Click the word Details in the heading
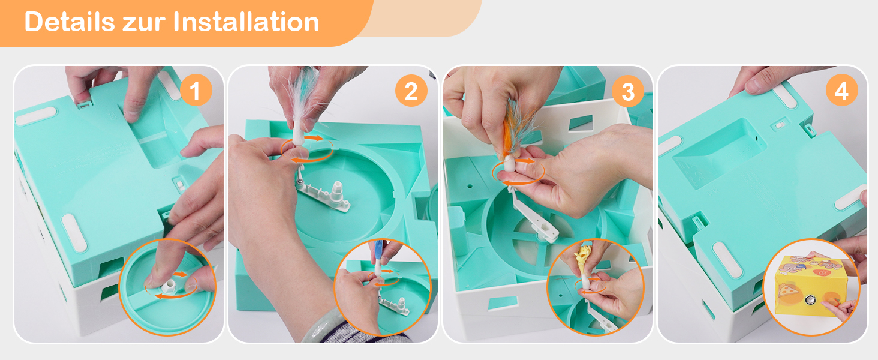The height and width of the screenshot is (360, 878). point(70,22)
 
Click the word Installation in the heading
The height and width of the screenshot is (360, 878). point(246,22)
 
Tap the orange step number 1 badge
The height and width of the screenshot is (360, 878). point(196,90)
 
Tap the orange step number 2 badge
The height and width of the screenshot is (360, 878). point(411,91)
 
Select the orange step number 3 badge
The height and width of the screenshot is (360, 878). point(628,91)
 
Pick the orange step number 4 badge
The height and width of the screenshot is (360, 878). point(842,90)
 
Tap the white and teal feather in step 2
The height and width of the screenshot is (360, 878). point(304,94)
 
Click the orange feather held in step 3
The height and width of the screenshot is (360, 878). point(518,125)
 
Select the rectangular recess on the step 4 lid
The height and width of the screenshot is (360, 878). point(719,153)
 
